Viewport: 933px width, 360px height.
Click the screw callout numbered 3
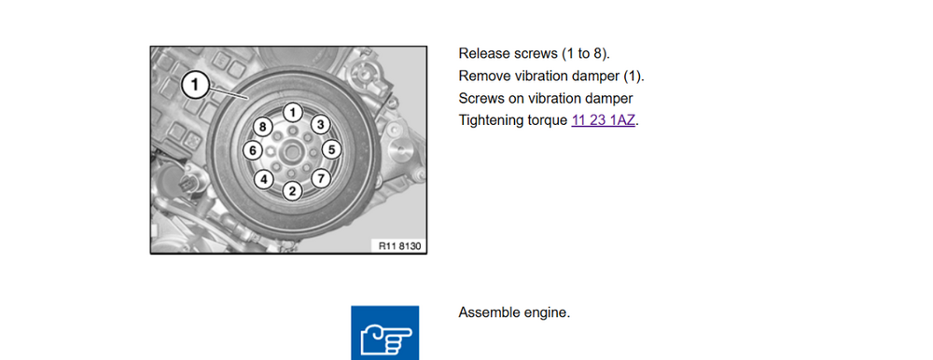pos(321,125)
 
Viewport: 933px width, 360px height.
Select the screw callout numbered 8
pos(262,127)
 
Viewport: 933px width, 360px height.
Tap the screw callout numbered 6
pos(252,150)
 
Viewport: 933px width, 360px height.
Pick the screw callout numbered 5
pos(331,150)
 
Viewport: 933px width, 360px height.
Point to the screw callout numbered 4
pos(264,179)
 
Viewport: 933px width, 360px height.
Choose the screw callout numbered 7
pos(321,178)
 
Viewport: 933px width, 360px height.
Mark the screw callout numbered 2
pos(292,191)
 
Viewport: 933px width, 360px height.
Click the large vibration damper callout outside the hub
pos(195,86)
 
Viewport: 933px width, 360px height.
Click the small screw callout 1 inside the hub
pos(292,111)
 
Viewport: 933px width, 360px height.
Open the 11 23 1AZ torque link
pos(603,120)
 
